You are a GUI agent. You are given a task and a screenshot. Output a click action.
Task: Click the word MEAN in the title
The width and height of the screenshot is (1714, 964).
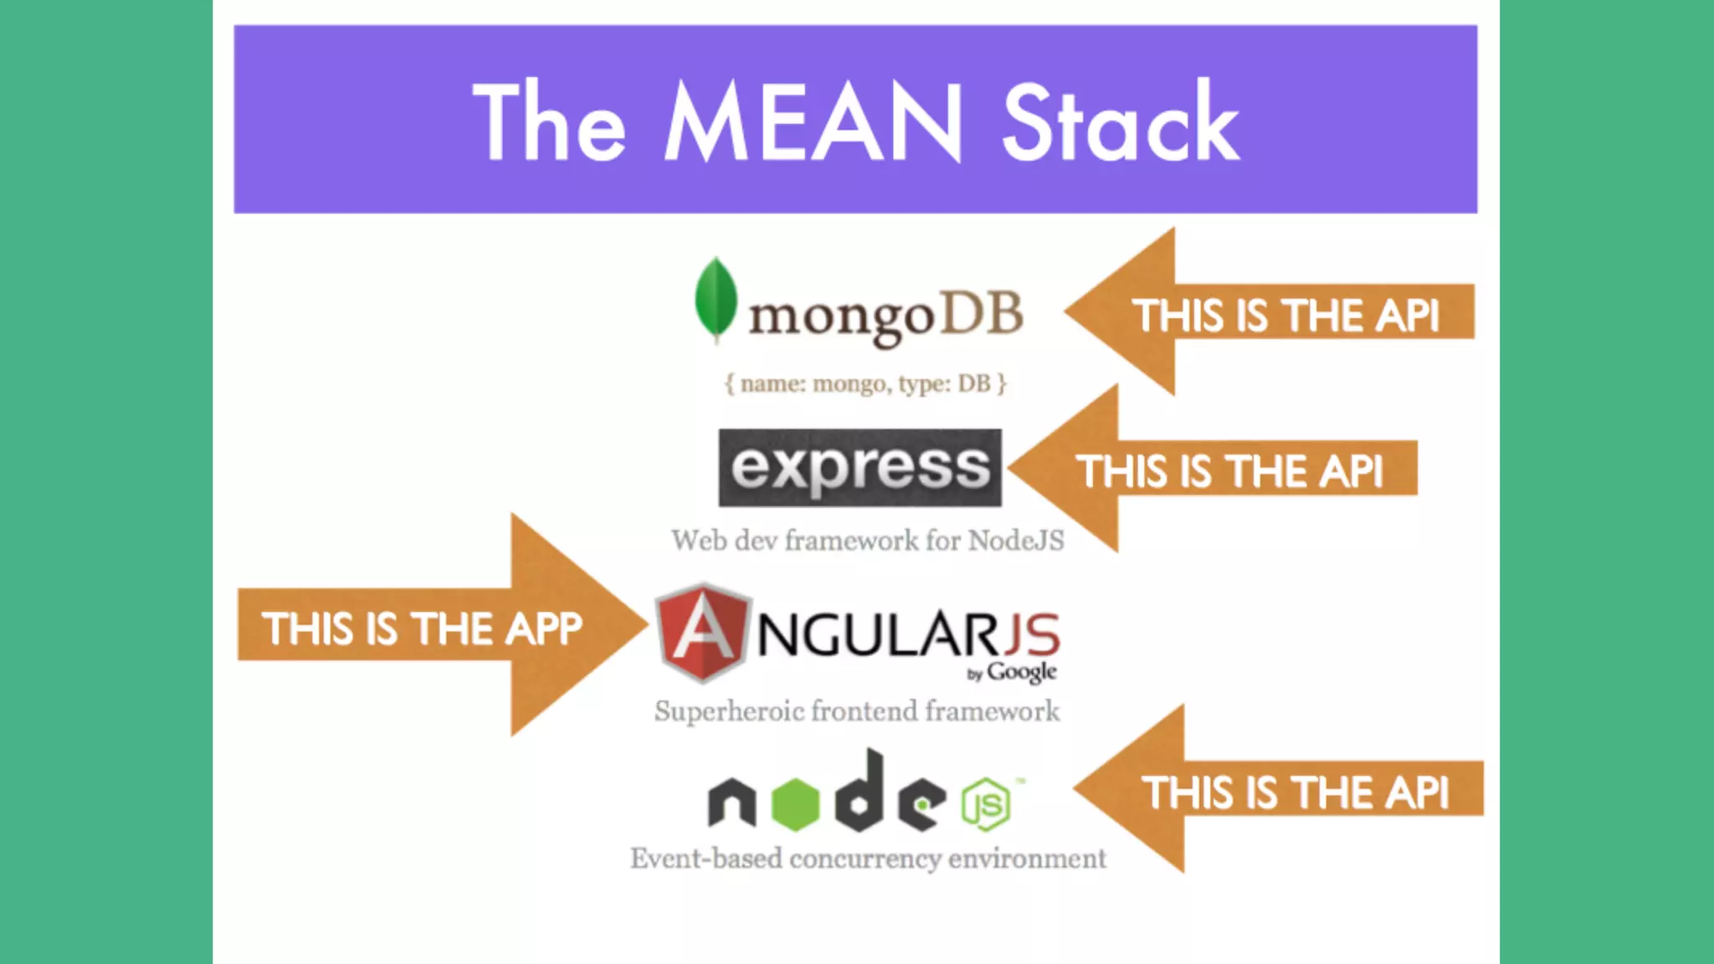coord(813,123)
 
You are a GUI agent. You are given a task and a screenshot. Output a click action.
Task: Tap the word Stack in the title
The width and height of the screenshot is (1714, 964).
coord(1120,123)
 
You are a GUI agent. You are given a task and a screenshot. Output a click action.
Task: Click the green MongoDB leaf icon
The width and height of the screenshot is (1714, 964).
coord(716,299)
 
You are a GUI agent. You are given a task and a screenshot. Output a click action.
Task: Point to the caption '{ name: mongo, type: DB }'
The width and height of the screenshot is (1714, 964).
coord(865,384)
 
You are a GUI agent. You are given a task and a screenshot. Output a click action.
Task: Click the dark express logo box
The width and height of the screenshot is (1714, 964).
coord(860,468)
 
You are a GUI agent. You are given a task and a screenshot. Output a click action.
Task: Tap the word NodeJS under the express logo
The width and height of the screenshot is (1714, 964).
coord(1016,541)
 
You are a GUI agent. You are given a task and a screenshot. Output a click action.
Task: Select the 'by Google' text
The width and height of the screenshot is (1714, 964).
coord(1012,673)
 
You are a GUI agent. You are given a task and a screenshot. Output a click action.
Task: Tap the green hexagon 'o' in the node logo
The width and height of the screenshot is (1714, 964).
coord(794,804)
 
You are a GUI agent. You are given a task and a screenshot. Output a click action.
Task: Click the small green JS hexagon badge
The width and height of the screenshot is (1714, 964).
coord(986,804)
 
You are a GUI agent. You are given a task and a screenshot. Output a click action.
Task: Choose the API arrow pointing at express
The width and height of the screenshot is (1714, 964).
coord(1214,469)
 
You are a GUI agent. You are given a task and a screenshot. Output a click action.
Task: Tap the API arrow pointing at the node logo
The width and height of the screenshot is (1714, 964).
coord(1280,790)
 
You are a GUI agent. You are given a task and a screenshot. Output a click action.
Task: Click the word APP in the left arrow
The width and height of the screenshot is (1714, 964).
coord(543,628)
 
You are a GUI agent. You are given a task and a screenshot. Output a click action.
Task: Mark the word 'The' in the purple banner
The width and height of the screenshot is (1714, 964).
coord(549,123)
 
